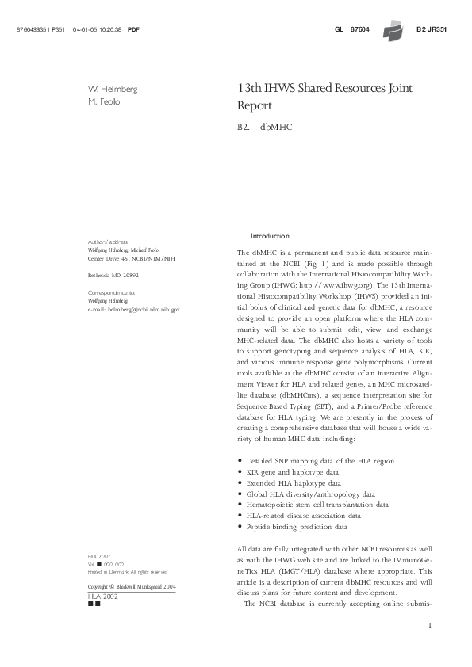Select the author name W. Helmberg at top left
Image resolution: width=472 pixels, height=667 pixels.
point(112,90)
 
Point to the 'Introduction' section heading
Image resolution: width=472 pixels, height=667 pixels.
point(270,237)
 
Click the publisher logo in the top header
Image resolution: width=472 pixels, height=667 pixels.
point(391,30)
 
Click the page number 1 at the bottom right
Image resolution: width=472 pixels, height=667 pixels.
point(428,627)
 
